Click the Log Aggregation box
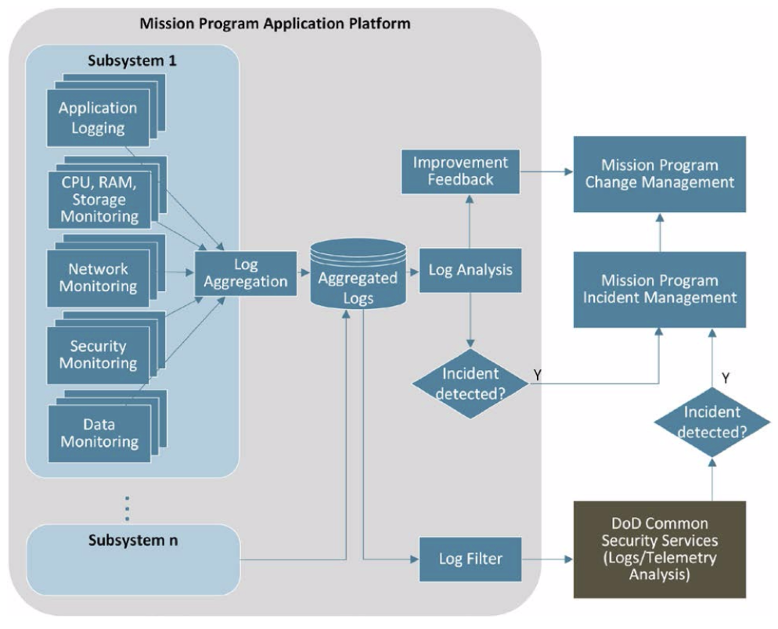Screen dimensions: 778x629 [x=246, y=273]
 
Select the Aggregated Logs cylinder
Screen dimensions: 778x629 [x=358, y=274]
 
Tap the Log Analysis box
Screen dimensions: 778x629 [x=470, y=271]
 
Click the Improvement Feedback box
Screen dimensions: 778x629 [x=460, y=171]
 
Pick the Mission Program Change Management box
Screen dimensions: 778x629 [x=659, y=174]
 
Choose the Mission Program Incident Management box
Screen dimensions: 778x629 [x=659, y=289]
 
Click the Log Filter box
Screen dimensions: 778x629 [x=470, y=559]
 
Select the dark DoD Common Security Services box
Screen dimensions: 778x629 [x=659, y=549]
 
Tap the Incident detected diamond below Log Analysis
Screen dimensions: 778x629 [x=470, y=383]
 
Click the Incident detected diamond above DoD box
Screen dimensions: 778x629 [x=712, y=422]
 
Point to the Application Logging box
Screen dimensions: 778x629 [x=98, y=118]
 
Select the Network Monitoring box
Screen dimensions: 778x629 [x=98, y=278]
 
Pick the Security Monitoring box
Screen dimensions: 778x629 [x=98, y=354]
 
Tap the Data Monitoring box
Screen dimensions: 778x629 [x=99, y=433]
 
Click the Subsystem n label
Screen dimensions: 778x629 [x=133, y=541]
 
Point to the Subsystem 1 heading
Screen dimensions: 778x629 [x=132, y=60]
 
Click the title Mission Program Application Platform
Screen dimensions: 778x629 [x=275, y=23]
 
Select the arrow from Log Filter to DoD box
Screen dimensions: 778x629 [x=547, y=559]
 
